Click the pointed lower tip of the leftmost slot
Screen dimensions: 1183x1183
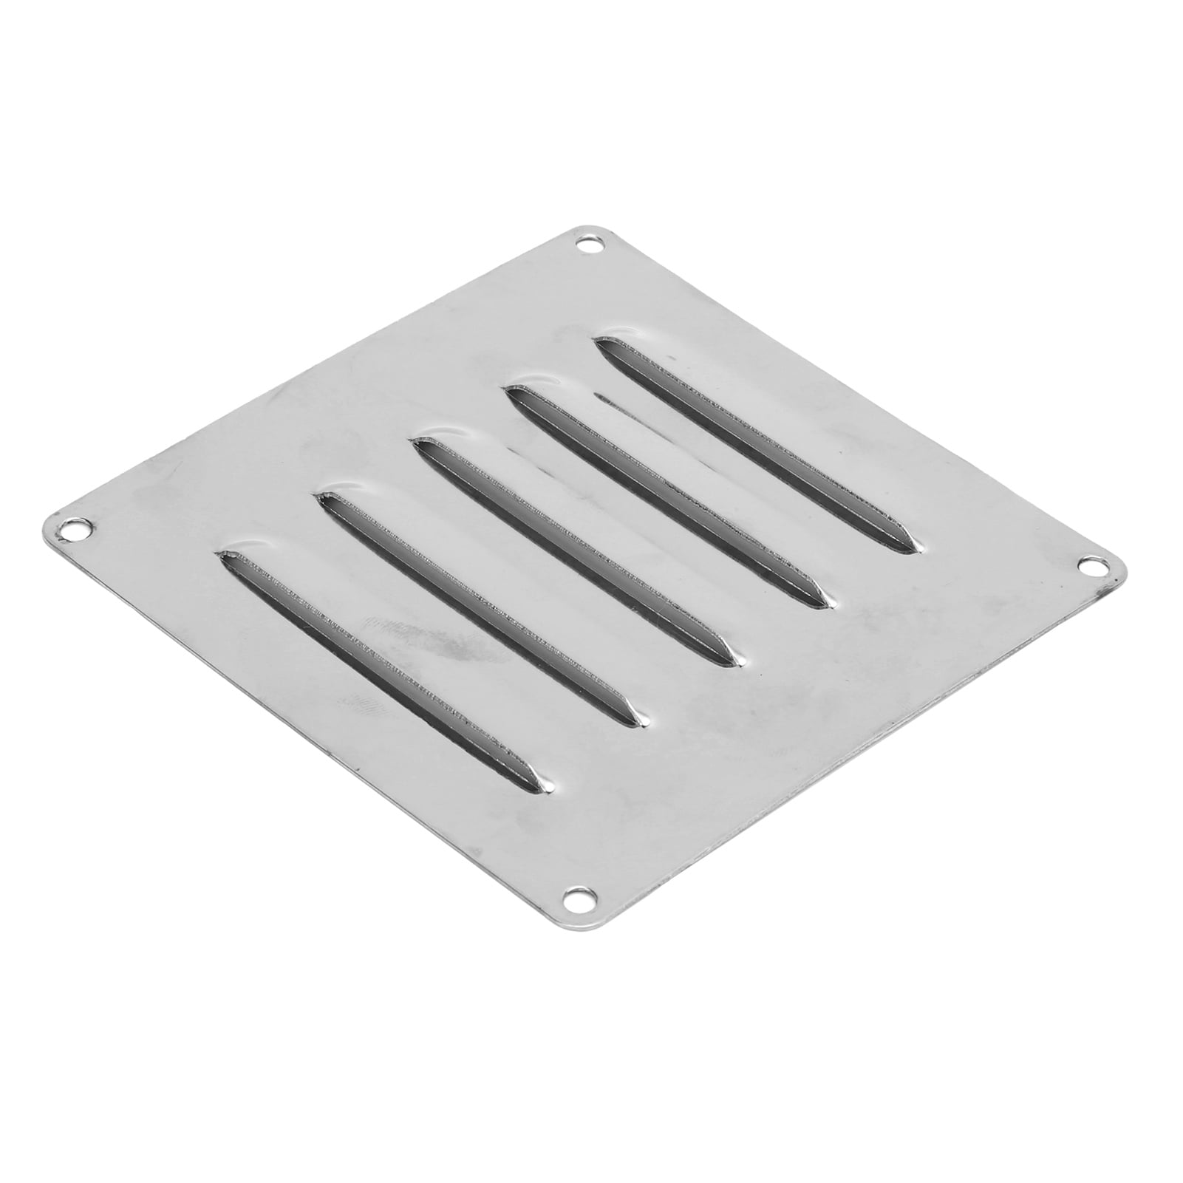tap(543, 777)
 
